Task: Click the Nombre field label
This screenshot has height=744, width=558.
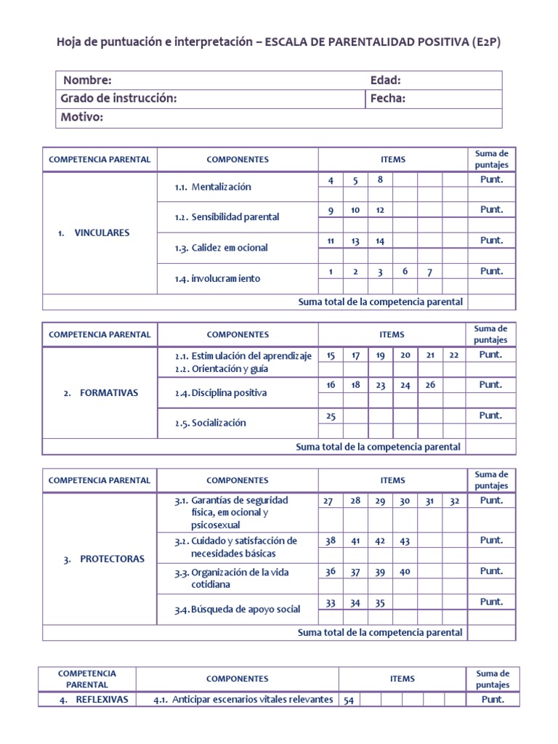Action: pos(86,81)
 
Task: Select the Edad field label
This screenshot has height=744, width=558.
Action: pos(385,81)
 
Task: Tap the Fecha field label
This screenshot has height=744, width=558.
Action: pos(387,99)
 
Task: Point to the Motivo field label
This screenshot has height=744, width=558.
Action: pos(82,117)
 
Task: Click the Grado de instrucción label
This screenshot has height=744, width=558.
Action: pos(118,99)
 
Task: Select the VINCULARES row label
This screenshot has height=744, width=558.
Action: pos(102,233)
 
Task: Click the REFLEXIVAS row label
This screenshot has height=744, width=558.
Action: pos(102,700)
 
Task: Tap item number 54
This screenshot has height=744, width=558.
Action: pos(349,700)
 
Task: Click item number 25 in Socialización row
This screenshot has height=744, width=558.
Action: pos(331,416)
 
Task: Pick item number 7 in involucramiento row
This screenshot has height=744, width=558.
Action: pos(429,272)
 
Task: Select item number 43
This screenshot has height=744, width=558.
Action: pos(405,541)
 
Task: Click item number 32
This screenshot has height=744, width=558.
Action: pos(454,501)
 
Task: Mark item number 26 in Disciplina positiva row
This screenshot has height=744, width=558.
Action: pos(429,385)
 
